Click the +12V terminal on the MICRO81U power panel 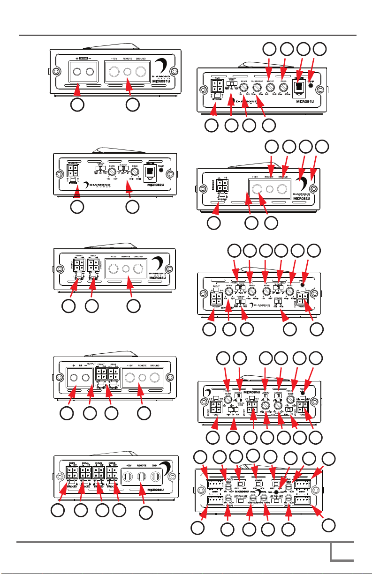point(114,72)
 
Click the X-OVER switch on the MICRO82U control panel point(123,168)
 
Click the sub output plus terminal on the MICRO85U point(74,363)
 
